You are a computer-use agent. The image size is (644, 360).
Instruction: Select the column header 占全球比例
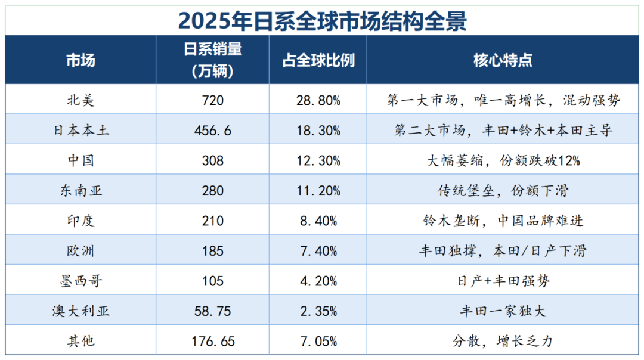point(318,61)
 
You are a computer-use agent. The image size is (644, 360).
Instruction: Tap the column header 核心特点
point(503,61)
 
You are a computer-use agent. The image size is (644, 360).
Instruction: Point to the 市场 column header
point(80,61)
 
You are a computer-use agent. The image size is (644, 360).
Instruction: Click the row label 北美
point(80,100)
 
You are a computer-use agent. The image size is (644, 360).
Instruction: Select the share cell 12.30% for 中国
point(318,160)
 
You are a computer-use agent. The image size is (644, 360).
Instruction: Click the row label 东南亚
point(80,191)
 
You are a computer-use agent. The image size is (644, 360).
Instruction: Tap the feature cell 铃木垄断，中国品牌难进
point(503,221)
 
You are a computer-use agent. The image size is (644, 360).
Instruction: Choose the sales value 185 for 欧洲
point(213,251)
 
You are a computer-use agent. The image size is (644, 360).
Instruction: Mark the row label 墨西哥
point(80,281)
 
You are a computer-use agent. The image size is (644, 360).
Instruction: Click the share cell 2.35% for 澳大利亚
point(318,311)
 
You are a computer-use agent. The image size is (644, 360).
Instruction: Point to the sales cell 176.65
point(213,342)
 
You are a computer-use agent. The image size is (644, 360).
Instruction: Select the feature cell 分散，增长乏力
point(503,342)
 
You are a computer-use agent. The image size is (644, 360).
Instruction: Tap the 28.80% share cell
point(318,100)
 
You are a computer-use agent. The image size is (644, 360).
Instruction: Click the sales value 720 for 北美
point(213,100)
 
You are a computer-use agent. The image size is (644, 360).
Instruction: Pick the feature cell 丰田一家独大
point(503,311)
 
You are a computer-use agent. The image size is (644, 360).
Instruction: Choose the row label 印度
point(80,221)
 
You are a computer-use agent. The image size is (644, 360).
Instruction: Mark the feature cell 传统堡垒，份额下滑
point(503,191)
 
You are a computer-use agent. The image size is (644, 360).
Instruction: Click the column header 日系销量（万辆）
point(213,61)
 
